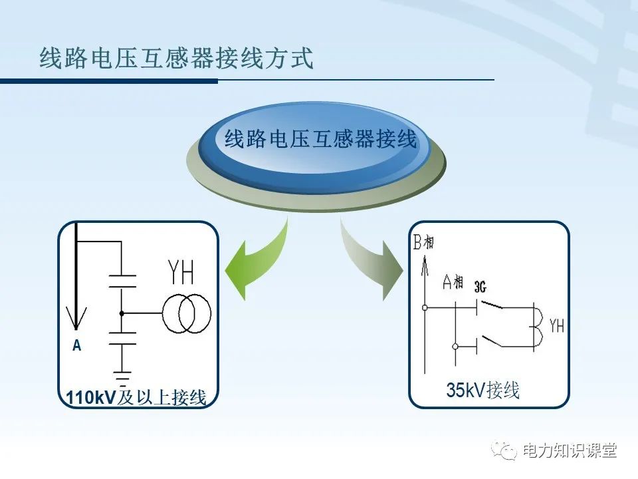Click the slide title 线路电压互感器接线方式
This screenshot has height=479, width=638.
tap(176, 59)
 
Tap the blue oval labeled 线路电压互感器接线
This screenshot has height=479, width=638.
tap(320, 140)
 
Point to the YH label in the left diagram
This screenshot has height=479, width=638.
tap(181, 273)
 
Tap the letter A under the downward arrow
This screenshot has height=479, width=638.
tap(76, 346)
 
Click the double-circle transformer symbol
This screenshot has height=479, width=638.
tap(186, 313)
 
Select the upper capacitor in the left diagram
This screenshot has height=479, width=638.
tap(122, 280)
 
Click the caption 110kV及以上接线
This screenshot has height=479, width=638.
tap(136, 398)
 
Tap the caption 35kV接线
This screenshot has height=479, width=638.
tap(482, 391)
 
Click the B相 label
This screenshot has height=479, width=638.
tap(423, 243)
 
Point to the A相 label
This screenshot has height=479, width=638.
tap(453, 283)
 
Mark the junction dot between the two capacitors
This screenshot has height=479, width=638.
tap(122, 313)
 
